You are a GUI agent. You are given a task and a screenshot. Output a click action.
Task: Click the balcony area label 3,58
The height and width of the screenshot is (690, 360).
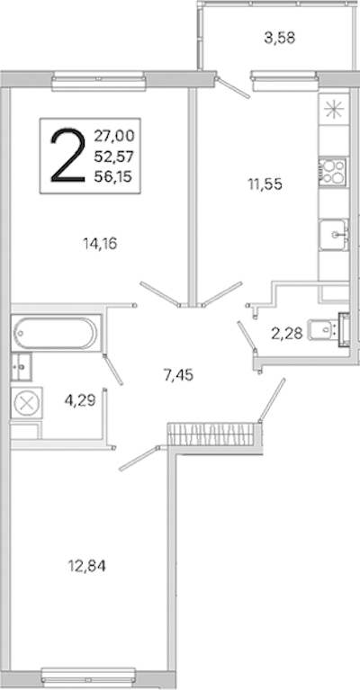click(x=279, y=39)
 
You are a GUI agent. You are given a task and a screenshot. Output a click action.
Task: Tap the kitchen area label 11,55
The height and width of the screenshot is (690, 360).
click(x=264, y=184)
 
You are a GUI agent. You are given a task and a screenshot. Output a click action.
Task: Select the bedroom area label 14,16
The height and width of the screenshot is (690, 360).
click(x=100, y=244)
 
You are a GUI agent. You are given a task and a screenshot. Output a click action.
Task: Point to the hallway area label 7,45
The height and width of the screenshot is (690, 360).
click(x=178, y=375)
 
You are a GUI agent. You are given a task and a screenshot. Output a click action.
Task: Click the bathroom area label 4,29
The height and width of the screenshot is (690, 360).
click(x=80, y=401)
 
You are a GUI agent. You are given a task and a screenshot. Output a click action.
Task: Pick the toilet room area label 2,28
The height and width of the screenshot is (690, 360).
click(x=287, y=334)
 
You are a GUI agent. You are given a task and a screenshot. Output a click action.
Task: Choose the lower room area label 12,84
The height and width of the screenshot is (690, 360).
click(x=86, y=566)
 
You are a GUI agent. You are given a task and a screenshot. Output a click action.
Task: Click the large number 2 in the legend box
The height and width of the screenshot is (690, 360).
click(x=67, y=156)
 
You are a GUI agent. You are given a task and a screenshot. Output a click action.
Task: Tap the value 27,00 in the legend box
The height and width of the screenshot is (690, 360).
click(x=113, y=137)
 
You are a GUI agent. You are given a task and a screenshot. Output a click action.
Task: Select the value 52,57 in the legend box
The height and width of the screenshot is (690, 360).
click(x=113, y=157)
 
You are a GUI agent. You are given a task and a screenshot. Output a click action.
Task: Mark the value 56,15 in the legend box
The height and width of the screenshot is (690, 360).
click(x=113, y=176)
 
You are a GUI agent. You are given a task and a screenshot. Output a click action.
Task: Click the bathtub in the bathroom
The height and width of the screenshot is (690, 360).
click(x=55, y=333)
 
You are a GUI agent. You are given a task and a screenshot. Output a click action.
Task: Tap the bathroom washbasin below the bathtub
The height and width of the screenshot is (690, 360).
click(x=21, y=366)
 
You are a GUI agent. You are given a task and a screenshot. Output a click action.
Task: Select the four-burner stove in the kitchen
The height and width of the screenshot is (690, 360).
click(x=333, y=170)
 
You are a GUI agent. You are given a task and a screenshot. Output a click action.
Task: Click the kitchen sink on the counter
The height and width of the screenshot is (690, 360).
click(x=334, y=235)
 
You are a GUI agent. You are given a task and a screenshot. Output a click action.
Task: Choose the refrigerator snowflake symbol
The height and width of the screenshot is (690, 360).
click(x=334, y=109)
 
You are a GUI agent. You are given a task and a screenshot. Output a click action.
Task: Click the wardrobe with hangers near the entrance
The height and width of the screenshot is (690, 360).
click(x=211, y=434)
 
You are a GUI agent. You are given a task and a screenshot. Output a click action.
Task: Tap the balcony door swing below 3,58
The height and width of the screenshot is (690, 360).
click(x=233, y=87)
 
